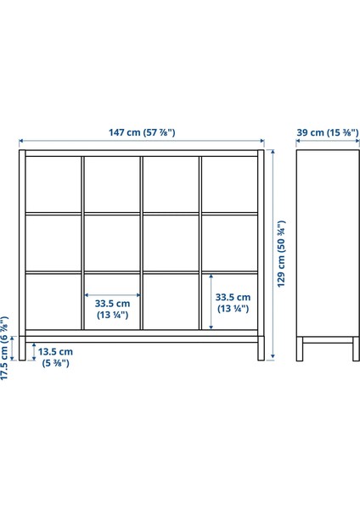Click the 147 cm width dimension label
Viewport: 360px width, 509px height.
pyautogui.click(x=142, y=132)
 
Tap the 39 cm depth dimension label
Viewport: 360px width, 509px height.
pyautogui.click(x=328, y=132)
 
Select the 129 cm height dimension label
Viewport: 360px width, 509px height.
pyautogui.click(x=281, y=254)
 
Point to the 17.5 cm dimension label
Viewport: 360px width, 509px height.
pyautogui.click(x=4, y=348)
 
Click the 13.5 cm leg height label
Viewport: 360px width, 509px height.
pyautogui.click(x=55, y=357)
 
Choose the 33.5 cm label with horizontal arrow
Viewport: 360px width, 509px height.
pyautogui.click(x=112, y=309)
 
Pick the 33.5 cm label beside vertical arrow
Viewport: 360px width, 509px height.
pyautogui.click(x=233, y=303)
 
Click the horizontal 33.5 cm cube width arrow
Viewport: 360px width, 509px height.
pyautogui.click(x=112, y=295)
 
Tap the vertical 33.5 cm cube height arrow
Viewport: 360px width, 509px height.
pyautogui.click(x=211, y=301)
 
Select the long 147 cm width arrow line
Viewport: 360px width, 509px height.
pyautogui.click(x=142, y=141)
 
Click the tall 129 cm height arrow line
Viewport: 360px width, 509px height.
pyautogui.click(x=273, y=254)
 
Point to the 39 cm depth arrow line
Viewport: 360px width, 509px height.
pyautogui.click(x=328, y=141)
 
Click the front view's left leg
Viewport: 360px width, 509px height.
pyautogui.click(x=22, y=348)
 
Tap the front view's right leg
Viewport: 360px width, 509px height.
pyautogui.click(x=262, y=348)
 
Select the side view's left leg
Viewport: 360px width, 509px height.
pyautogui.click(x=300, y=349)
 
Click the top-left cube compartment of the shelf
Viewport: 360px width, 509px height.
pyautogui.click(x=53, y=184)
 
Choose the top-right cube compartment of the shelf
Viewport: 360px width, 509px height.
pyautogui.click(x=230, y=184)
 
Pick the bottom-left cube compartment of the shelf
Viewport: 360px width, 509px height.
pyautogui.click(x=53, y=301)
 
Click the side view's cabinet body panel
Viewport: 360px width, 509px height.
pyautogui.click(x=328, y=243)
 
